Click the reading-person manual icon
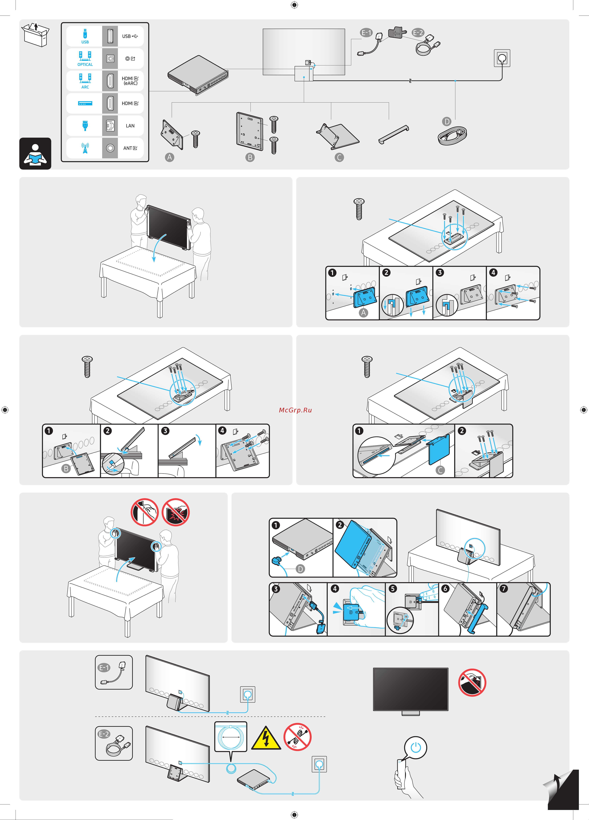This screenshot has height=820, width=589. pyautogui.click(x=35, y=154)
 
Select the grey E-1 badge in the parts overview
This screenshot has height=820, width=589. pyautogui.click(x=366, y=32)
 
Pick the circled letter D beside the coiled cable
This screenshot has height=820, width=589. pyautogui.click(x=447, y=121)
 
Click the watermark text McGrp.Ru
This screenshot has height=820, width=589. pyautogui.click(x=295, y=410)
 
